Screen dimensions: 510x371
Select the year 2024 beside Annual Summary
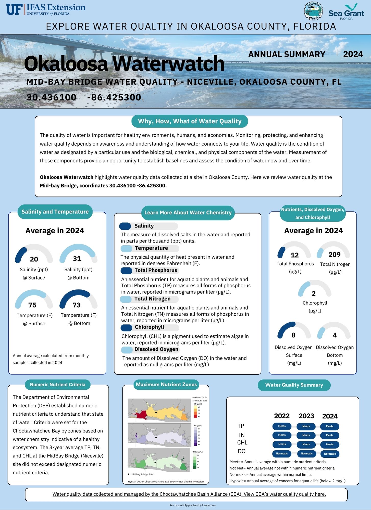coord(353,54)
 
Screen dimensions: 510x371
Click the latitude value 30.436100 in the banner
coord(52,97)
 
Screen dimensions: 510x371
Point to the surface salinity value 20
coord(34,259)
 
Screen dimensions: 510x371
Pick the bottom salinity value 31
coord(77,259)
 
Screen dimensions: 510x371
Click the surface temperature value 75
coord(32,305)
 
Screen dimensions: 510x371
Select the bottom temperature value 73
coord(77,305)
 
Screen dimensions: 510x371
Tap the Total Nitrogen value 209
coord(335,254)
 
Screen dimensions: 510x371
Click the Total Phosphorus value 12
coord(295,255)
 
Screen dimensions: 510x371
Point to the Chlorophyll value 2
coord(314,294)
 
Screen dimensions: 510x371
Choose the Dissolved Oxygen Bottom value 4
coord(335,335)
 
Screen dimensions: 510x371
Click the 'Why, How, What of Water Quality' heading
coord(190,121)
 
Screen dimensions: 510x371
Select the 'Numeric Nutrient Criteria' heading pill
coord(58,385)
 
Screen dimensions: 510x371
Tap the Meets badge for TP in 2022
coord(282,426)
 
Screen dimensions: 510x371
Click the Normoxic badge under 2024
coord(330,454)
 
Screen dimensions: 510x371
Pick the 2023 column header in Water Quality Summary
coord(306,416)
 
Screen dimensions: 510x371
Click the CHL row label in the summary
coord(242,442)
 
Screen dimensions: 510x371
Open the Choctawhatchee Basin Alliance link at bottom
coord(189,494)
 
